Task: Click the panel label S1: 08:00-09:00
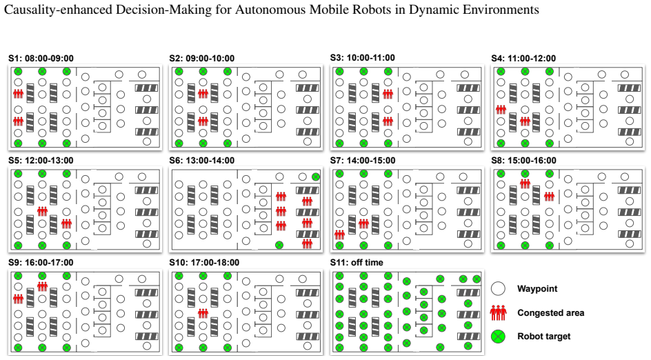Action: click(x=41, y=59)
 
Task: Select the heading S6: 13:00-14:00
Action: click(x=202, y=161)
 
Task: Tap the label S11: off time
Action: click(x=357, y=263)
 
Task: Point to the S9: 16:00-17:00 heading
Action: click(x=41, y=263)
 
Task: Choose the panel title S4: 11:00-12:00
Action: click(x=523, y=59)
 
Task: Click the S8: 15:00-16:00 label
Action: click(x=523, y=161)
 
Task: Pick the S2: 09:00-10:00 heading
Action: click(x=202, y=59)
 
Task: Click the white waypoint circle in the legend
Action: click(x=498, y=288)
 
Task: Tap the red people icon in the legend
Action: click(x=498, y=312)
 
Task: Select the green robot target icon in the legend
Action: click(x=498, y=337)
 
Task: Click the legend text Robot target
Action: click(x=544, y=337)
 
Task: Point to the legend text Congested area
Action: click(x=550, y=313)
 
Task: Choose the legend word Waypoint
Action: click(x=537, y=289)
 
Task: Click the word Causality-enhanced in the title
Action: click(x=58, y=10)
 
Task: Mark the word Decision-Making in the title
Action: click(x=163, y=10)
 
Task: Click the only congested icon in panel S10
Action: click(x=203, y=313)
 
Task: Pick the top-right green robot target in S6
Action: click(x=316, y=177)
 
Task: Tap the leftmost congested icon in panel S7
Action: click(x=339, y=235)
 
